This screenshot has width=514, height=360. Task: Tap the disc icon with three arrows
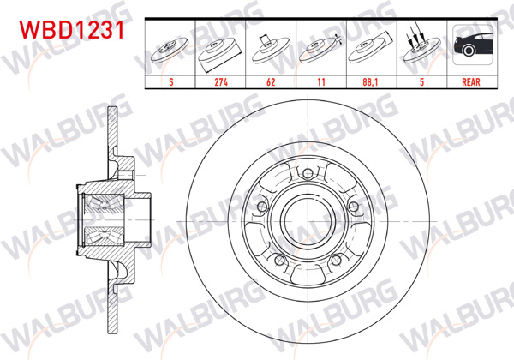(420, 48)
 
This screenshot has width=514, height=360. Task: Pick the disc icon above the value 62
(271, 48)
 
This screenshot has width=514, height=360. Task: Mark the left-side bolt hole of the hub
(262, 209)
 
